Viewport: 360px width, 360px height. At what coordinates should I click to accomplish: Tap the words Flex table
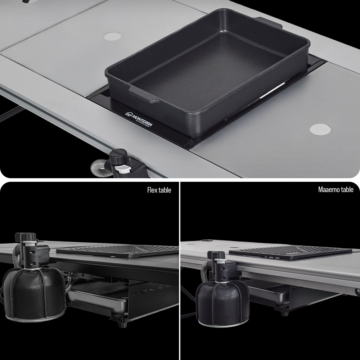click(159, 190)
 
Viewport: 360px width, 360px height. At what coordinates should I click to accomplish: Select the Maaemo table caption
click(336, 189)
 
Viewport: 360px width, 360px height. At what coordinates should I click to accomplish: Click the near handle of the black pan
click(144, 95)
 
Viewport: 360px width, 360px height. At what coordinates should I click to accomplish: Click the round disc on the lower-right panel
click(320, 130)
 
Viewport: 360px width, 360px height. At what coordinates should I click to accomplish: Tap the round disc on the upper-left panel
click(112, 36)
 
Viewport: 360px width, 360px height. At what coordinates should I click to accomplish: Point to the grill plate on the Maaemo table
click(291, 253)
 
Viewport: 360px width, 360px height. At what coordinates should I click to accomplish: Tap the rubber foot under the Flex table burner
click(121, 325)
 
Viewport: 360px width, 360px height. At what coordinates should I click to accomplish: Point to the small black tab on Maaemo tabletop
click(207, 241)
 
